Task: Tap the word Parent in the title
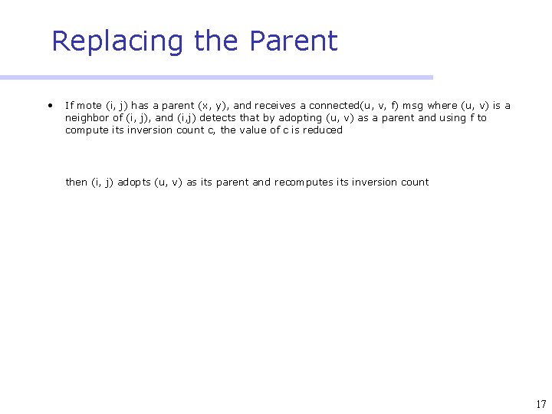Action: tap(297, 41)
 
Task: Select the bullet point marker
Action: tap(48, 105)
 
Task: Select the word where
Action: tap(443, 106)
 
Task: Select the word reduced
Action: tap(323, 130)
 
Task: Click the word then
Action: tap(77, 182)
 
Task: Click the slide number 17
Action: tap(541, 405)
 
